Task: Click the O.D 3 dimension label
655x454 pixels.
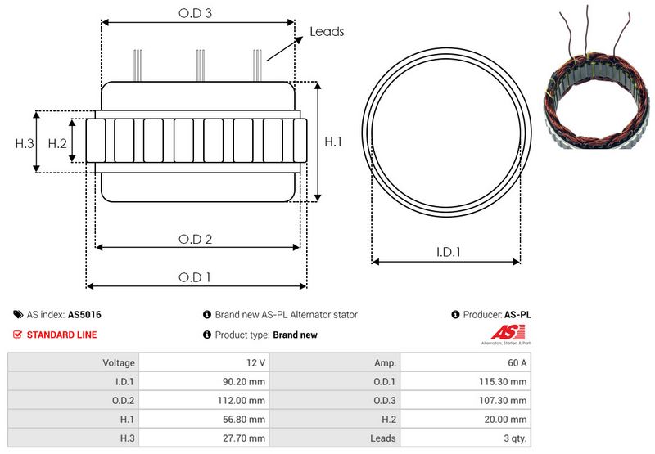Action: [196, 13]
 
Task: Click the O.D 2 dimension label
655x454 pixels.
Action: [196, 239]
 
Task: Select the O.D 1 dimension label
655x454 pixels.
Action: [196, 277]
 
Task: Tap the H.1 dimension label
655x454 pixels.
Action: [333, 142]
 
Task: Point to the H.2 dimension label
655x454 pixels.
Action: [57, 143]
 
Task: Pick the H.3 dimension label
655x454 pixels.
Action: [25, 143]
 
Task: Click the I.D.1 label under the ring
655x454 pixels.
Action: [447, 253]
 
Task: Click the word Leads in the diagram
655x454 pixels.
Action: [327, 32]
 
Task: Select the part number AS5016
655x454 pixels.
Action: [85, 314]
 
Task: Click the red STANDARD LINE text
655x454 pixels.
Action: [61, 335]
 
